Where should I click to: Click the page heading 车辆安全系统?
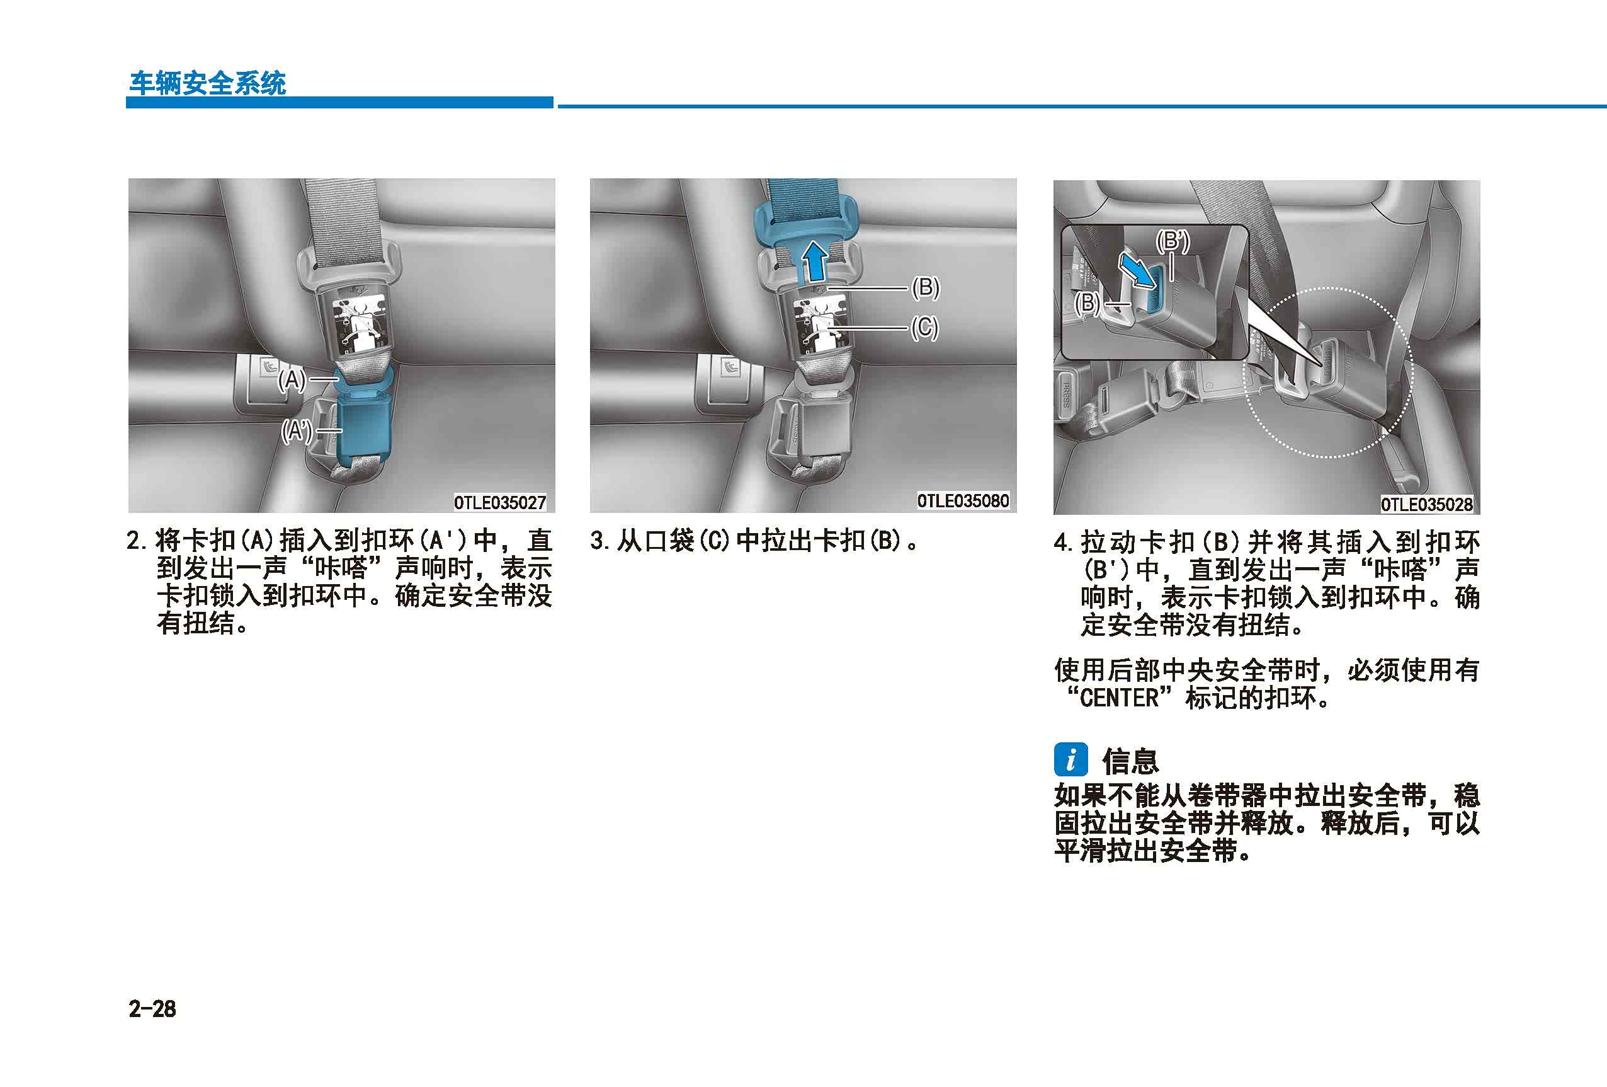click(207, 83)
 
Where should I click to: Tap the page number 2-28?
click(152, 1009)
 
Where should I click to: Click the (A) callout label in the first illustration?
click(292, 380)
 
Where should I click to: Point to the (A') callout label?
click(296, 430)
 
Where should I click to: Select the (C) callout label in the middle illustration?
click(924, 327)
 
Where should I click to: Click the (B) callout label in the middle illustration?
click(925, 287)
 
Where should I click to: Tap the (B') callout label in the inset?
click(1173, 241)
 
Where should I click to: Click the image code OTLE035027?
click(500, 502)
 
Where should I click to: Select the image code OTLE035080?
click(963, 500)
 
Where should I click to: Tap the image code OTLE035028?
click(1426, 504)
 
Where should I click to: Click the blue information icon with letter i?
click(1071, 761)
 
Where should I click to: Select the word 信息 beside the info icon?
click(1130, 761)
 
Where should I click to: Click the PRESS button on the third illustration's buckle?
click(1065, 395)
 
